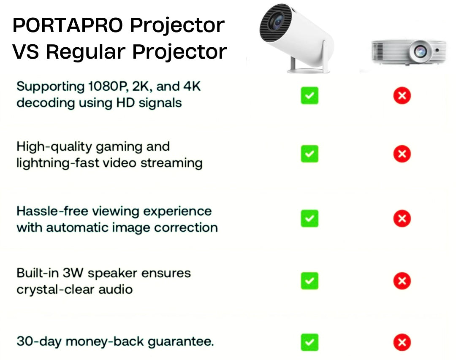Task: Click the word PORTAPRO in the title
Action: pyautogui.click(x=68, y=25)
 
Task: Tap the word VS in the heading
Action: pyautogui.click(x=26, y=52)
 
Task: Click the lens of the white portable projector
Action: pyautogui.click(x=277, y=22)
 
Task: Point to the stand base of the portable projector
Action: pyautogui.click(x=308, y=70)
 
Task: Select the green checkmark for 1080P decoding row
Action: pyautogui.click(x=309, y=95)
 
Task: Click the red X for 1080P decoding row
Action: pyautogui.click(x=402, y=95)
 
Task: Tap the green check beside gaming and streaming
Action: pyautogui.click(x=309, y=154)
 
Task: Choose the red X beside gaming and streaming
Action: pyautogui.click(x=402, y=154)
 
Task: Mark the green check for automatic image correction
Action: pyautogui.click(x=309, y=218)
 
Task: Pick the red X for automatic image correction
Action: pyautogui.click(x=402, y=218)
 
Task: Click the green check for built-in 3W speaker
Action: pyautogui.click(x=309, y=281)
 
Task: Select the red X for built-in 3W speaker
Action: pyautogui.click(x=402, y=281)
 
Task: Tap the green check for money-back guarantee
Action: pyautogui.click(x=309, y=342)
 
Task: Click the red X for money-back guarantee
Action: pyautogui.click(x=402, y=342)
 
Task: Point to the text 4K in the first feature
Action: pyautogui.click(x=192, y=87)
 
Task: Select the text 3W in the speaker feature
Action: pyautogui.click(x=73, y=273)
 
